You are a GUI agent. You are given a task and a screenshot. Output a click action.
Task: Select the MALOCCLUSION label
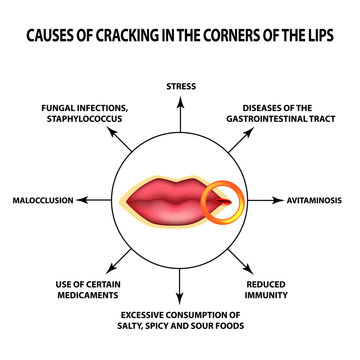[x=43, y=200]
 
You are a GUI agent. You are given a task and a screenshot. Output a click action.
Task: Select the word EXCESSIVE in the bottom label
[x=138, y=314]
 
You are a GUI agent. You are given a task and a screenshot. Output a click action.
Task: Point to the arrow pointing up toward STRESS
[x=180, y=113]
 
